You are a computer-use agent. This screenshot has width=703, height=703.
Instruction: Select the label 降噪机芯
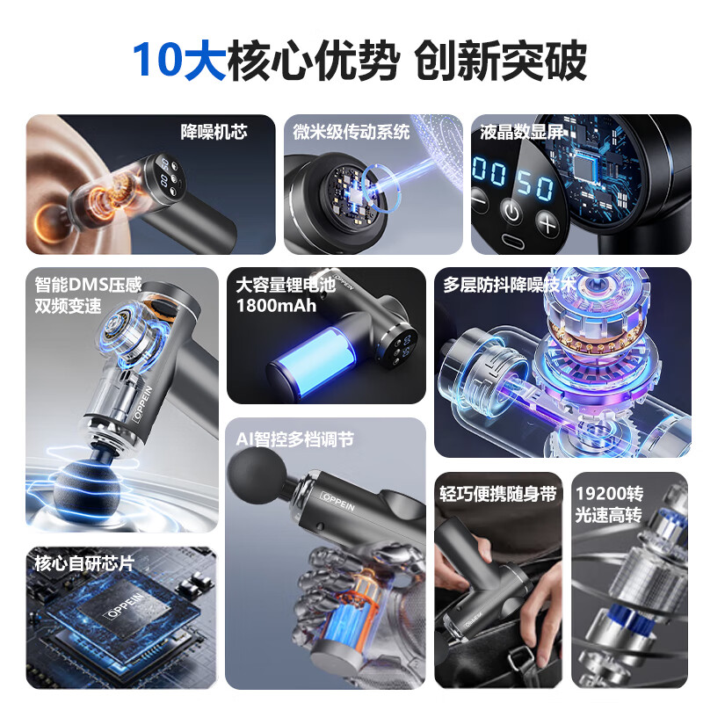pyautogui.click(x=214, y=132)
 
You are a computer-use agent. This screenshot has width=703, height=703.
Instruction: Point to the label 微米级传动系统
pyautogui.click(x=351, y=132)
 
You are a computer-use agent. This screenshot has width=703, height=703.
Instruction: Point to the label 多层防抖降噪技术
pyautogui.click(x=510, y=285)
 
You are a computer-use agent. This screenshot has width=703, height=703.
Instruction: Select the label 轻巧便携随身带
pyautogui.click(x=498, y=494)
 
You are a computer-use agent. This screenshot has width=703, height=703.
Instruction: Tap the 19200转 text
pyautogui.click(x=608, y=494)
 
